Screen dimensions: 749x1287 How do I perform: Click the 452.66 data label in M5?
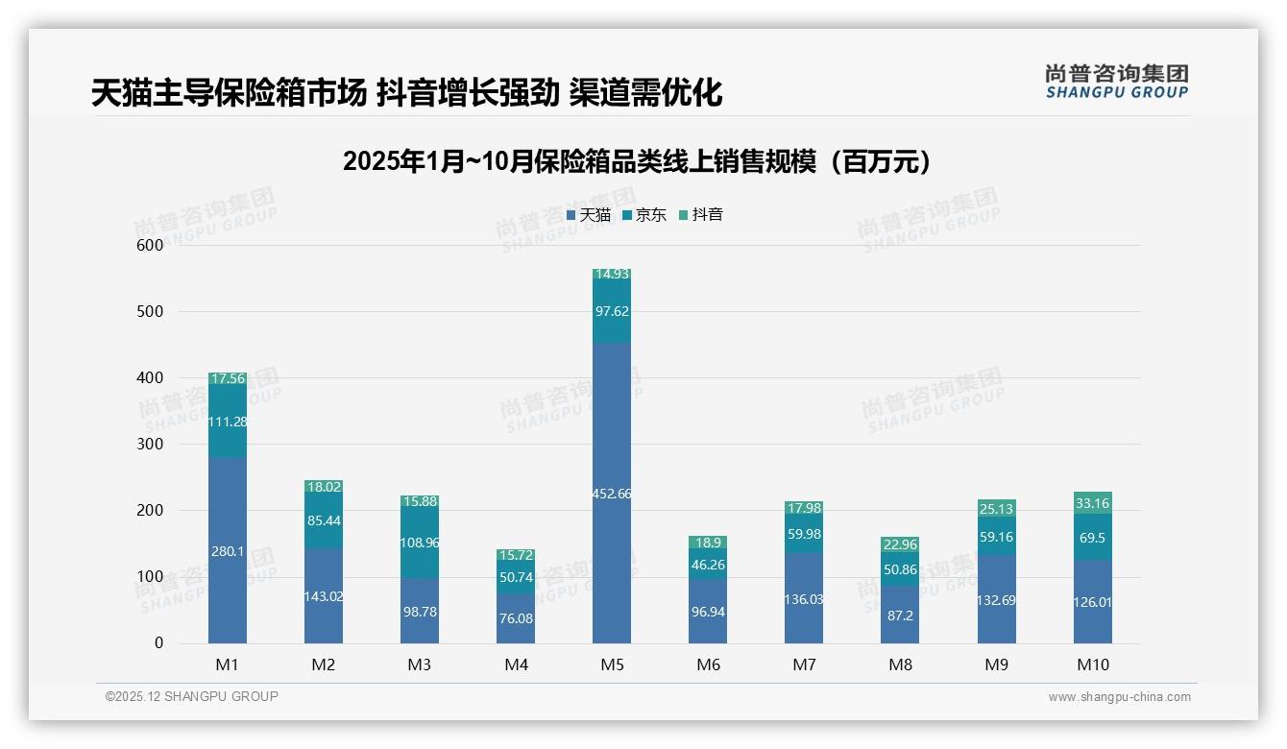click(x=612, y=494)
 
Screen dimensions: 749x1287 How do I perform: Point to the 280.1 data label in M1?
click(x=228, y=551)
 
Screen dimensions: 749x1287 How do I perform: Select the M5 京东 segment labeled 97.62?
click(x=612, y=311)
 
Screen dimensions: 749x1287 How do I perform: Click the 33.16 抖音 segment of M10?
click(x=1093, y=502)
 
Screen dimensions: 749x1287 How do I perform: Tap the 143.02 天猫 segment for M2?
click(x=324, y=595)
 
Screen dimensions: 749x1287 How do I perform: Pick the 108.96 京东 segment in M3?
click(x=420, y=543)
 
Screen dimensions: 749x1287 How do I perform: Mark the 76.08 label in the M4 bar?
click(x=516, y=618)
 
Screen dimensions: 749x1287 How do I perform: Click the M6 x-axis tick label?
click(x=708, y=664)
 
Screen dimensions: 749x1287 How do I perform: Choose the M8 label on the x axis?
click(x=900, y=664)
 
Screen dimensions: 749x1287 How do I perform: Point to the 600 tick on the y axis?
click(x=149, y=245)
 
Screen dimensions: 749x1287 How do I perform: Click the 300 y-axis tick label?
click(x=149, y=444)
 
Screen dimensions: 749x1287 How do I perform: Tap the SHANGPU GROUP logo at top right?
click(x=1116, y=82)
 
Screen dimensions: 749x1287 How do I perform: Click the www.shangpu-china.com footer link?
click(x=1119, y=697)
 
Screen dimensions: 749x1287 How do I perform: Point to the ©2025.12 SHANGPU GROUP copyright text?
click(x=192, y=696)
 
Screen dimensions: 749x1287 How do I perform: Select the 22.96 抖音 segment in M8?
click(x=900, y=544)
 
